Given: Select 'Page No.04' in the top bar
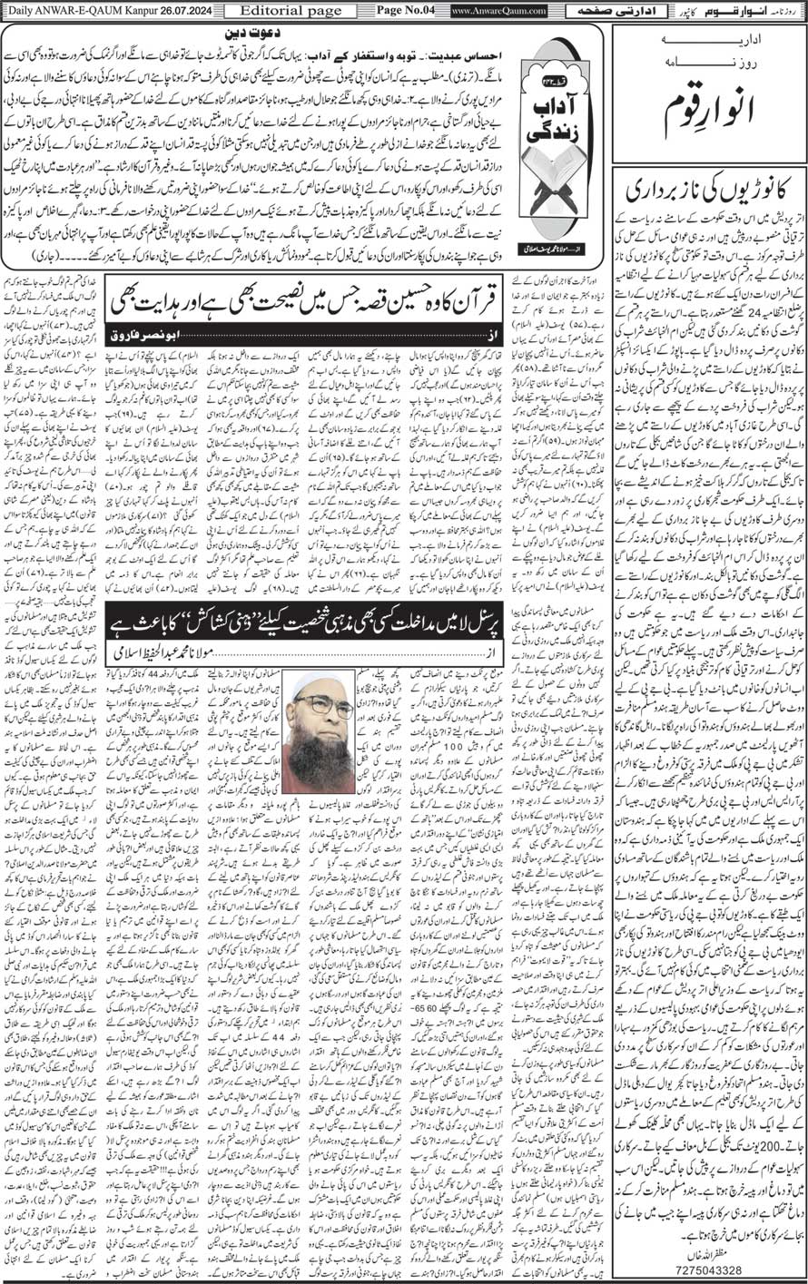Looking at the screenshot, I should coord(405,10).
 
